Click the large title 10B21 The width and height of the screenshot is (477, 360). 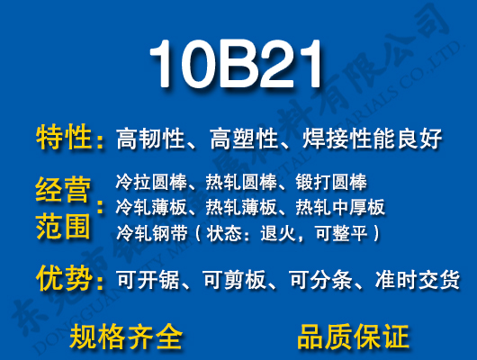236,65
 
